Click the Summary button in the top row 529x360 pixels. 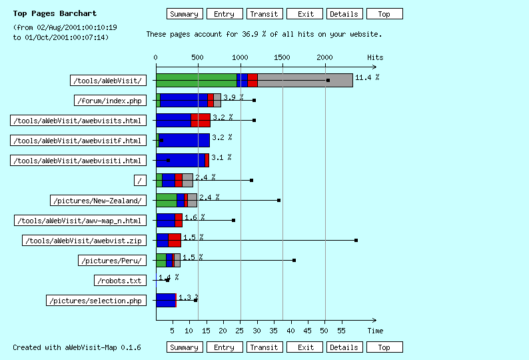(x=184, y=14)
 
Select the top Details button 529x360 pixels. (x=344, y=14)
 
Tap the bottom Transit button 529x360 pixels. (x=264, y=347)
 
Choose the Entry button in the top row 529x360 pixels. (x=224, y=14)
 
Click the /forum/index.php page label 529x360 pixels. (x=110, y=101)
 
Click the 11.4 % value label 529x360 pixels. (x=367, y=78)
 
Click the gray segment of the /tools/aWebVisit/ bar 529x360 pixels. (x=304, y=81)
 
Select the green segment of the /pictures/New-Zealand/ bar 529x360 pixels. (x=166, y=201)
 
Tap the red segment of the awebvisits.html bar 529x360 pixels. (x=201, y=121)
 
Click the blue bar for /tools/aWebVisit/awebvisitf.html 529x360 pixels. (x=185, y=141)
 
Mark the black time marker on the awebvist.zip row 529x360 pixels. (x=356, y=240)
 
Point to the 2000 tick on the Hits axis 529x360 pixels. (x=325, y=58)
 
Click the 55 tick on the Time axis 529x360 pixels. (x=341, y=330)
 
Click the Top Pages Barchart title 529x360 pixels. (x=55, y=13)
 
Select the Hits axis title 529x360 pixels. (x=375, y=58)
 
